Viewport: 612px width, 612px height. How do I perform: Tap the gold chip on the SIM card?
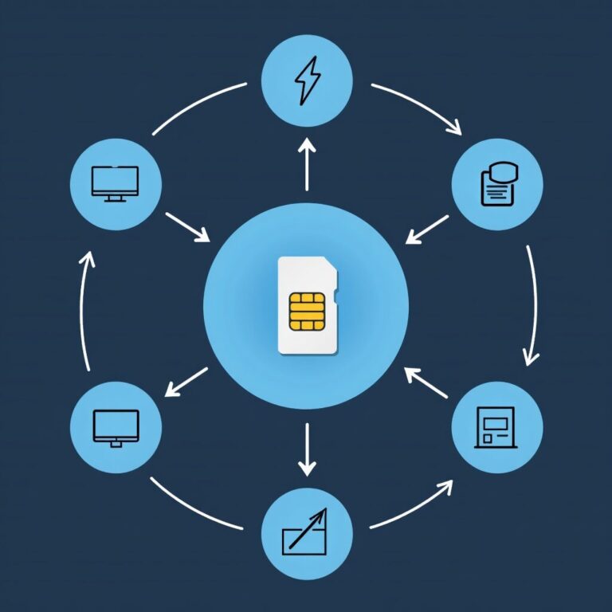307,311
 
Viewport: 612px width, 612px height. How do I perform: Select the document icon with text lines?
496,186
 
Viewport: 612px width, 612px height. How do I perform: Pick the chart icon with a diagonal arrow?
305,533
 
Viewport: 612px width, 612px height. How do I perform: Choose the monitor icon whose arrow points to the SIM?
116,182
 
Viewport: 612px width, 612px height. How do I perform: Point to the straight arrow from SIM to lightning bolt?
306,163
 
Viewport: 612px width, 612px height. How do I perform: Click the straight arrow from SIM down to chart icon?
306,449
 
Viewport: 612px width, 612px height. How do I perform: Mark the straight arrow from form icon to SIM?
426,382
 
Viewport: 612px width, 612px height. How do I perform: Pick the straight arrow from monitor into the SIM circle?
187,226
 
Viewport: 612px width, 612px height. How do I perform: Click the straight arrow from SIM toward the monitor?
186,382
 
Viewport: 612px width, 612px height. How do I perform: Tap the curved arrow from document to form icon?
532,307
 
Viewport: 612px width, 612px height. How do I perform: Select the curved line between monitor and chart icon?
194,505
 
